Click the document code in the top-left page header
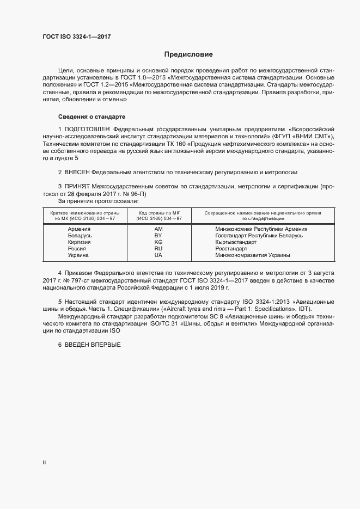78,38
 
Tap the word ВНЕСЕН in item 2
77,172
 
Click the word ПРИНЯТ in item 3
77,187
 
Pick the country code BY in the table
158,236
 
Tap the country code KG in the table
158,242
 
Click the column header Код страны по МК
158,213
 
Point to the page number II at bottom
44,463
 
